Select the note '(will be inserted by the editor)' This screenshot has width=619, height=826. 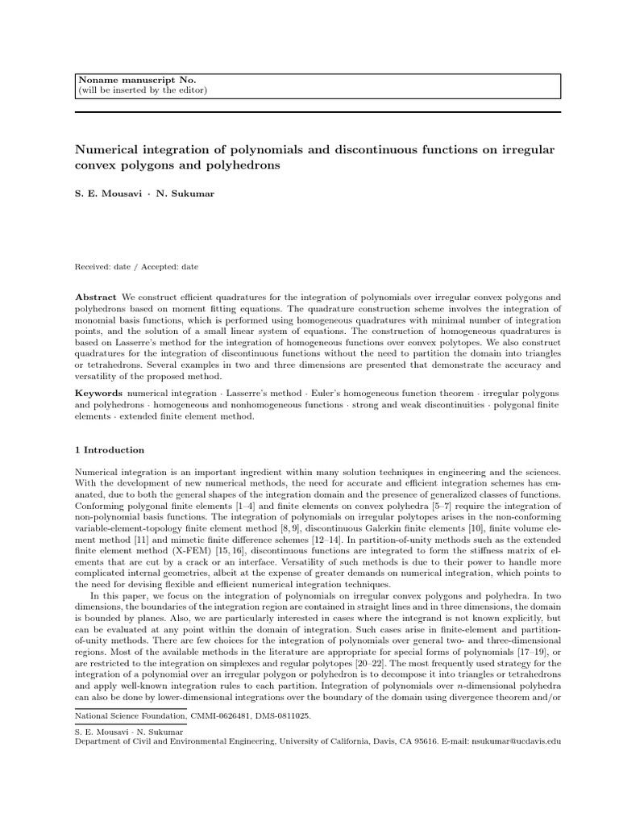click(142, 90)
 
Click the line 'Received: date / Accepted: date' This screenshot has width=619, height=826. click(136, 267)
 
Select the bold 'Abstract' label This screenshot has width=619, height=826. click(95, 297)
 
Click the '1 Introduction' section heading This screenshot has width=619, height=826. click(110, 450)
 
